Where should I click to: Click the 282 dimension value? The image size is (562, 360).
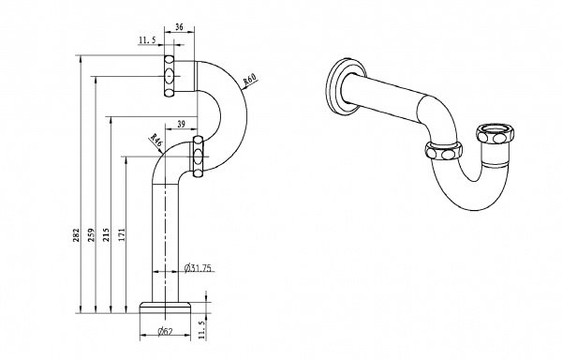(x=77, y=235)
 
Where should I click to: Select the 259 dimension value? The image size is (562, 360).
(x=92, y=235)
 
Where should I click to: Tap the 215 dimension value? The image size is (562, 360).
(x=107, y=235)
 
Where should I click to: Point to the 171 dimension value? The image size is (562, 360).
(x=122, y=235)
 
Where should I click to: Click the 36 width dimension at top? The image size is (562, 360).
(x=179, y=26)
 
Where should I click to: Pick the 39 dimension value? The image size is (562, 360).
(x=182, y=124)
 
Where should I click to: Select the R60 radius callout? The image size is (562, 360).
(x=250, y=80)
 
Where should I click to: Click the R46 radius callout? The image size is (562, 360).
(x=156, y=140)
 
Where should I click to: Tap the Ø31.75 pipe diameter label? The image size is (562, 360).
(x=198, y=268)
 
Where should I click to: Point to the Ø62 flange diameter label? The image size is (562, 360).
(x=165, y=331)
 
